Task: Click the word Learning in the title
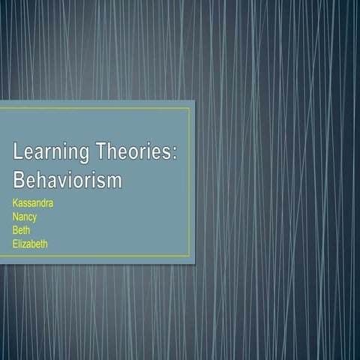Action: [x=51, y=154]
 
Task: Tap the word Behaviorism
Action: [x=67, y=181]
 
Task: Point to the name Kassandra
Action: [x=33, y=202]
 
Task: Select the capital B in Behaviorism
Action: [x=19, y=181]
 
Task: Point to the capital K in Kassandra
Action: [x=16, y=202]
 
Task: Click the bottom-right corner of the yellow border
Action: [x=190, y=256]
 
